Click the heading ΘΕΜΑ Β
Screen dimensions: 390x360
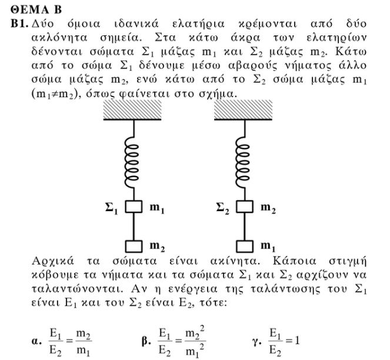(x=36, y=10)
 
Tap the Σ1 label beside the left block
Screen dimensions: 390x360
(x=111, y=208)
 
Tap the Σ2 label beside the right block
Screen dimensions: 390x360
(x=222, y=208)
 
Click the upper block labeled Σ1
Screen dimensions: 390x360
(x=134, y=206)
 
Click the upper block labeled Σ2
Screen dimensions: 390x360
(x=245, y=206)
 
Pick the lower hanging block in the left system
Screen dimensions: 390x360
(x=134, y=246)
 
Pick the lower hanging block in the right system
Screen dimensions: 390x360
(x=245, y=246)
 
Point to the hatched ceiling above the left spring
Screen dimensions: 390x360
(x=132, y=110)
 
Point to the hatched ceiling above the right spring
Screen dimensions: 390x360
(x=244, y=110)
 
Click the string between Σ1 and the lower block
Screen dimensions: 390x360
(x=134, y=226)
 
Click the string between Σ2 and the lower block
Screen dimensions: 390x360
(x=245, y=226)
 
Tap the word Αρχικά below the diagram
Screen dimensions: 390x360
(x=53, y=262)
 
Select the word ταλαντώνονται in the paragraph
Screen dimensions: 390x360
(x=78, y=289)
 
